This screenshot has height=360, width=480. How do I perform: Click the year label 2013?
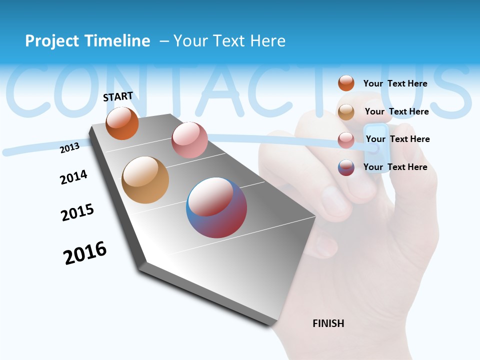[x=70, y=147]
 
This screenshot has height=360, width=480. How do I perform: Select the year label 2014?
[x=73, y=177]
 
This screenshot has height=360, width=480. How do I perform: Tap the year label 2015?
[x=77, y=212]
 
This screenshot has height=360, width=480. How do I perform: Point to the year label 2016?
[x=85, y=253]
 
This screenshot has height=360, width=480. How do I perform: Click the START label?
[x=118, y=96]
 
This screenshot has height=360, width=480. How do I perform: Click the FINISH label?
[x=328, y=323]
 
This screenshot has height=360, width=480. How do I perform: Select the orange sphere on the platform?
[x=122, y=123]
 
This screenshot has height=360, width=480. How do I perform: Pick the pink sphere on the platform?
[x=189, y=140]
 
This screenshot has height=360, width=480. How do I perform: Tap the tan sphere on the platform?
[x=145, y=180]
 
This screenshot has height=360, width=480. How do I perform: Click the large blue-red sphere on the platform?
[x=216, y=207]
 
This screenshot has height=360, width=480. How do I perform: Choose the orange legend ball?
[x=346, y=83]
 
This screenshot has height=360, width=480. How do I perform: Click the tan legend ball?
[x=346, y=112]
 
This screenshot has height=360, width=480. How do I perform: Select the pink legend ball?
[x=346, y=140]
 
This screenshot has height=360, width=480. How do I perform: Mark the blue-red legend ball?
[x=346, y=167]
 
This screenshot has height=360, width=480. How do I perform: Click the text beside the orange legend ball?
[x=395, y=83]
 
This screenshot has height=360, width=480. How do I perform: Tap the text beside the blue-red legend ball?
[x=395, y=167]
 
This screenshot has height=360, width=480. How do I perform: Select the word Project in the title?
[x=52, y=41]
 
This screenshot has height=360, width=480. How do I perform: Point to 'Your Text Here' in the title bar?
[x=229, y=41]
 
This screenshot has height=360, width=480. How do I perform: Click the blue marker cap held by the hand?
[x=377, y=147]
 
